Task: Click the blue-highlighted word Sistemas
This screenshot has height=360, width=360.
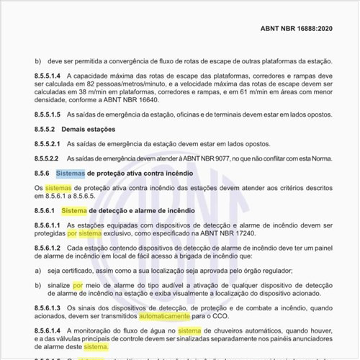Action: coord(70,174)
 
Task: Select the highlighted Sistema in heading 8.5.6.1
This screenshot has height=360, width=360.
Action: coord(73,210)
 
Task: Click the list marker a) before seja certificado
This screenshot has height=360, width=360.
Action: coord(38,271)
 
